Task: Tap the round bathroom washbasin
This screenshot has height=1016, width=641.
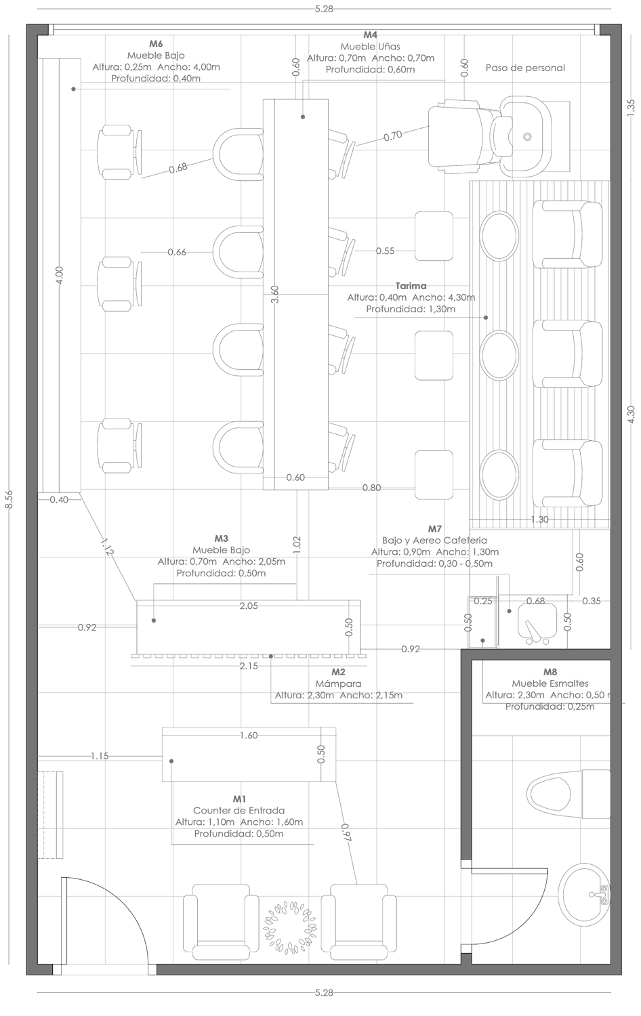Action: [x=584, y=895]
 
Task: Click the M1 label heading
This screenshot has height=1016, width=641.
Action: [x=239, y=799]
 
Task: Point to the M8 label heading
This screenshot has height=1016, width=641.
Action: [x=550, y=672]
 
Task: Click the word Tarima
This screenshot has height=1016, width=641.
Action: [x=411, y=286]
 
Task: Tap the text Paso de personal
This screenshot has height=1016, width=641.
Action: [x=525, y=68]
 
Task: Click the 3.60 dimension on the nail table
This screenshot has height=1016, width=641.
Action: [x=275, y=294]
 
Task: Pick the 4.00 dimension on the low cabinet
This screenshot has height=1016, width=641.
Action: [x=60, y=275]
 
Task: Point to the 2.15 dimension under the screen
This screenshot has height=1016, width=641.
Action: [x=249, y=666]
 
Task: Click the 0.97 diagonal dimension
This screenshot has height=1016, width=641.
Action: [x=346, y=832]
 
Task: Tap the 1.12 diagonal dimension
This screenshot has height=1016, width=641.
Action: [x=107, y=547]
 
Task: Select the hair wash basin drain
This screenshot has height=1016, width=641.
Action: [x=526, y=136]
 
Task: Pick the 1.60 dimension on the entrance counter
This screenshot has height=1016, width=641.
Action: [x=249, y=735]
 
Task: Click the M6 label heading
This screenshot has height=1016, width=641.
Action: [x=156, y=43]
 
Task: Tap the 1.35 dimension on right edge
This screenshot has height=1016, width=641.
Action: [x=631, y=108]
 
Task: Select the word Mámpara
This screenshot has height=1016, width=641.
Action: [x=338, y=683]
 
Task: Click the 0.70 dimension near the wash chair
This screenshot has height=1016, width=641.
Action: [x=393, y=135]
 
